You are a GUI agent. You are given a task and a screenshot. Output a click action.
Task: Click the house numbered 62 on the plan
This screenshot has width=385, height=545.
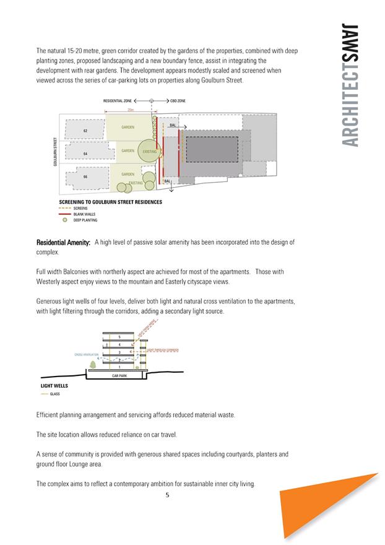coord(85,130)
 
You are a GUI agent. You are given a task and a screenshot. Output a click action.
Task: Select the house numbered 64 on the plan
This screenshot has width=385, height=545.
coord(85,153)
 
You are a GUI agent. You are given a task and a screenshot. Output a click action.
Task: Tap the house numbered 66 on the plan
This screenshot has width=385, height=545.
coord(85,177)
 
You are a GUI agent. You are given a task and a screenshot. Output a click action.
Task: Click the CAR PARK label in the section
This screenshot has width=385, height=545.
coord(119,375)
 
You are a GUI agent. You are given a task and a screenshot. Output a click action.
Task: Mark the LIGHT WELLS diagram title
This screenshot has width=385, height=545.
coord(54,386)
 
